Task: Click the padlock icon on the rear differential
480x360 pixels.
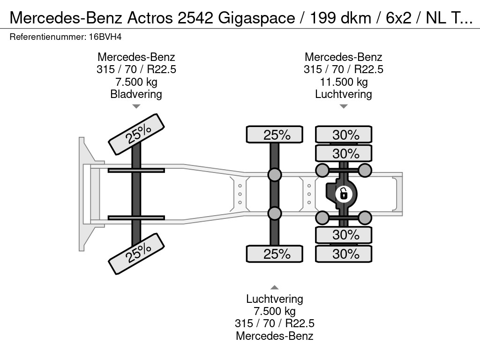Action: tap(344, 193)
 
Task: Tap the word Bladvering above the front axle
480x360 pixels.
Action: tap(136, 94)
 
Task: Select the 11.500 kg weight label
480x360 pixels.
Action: tap(343, 82)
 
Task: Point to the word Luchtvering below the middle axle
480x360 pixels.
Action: tap(275, 299)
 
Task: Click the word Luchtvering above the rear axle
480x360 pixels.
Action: tap(343, 94)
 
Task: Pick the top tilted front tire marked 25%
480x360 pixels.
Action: tap(136, 135)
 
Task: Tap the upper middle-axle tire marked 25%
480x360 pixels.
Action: tap(275, 135)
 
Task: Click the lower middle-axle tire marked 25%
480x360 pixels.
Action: tap(275, 254)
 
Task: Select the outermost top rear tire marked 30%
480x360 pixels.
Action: tap(344, 135)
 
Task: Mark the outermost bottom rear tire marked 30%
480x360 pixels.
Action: tap(344, 254)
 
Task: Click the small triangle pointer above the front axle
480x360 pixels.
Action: tap(136, 106)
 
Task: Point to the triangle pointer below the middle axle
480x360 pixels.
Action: tap(275, 287)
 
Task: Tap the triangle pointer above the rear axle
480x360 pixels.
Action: tap(343, 106)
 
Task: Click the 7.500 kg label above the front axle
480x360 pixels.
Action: tap(136, 82)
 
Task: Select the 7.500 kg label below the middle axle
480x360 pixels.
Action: tap(275, 311)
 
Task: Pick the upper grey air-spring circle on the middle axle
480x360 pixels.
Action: tap(275, 175)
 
